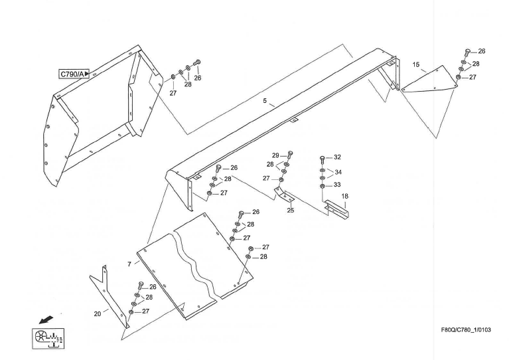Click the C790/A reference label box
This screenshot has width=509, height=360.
(x=74, y=74)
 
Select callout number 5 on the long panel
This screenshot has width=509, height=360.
(x=264, y=101)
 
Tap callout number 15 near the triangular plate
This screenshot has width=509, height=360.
(x=416, y=64)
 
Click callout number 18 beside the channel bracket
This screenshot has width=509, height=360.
(x=345, y=197)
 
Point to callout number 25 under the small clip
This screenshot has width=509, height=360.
(x=291, y=211)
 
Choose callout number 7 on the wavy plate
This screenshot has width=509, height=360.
(x=129, y=264)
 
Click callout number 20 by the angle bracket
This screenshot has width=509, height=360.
(x=97, y=314)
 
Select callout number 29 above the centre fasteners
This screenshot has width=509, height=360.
(x=275, y=155)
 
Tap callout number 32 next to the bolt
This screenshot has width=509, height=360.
(x=337, y=157)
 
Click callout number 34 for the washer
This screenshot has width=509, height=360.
(x=338, y=172)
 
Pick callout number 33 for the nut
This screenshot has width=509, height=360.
(x=337, y=185)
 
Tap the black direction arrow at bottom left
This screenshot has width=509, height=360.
(x=46, y=320)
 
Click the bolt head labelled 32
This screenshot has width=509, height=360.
(x=323, y=158)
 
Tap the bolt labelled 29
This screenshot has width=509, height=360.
(x=289, y=154)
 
